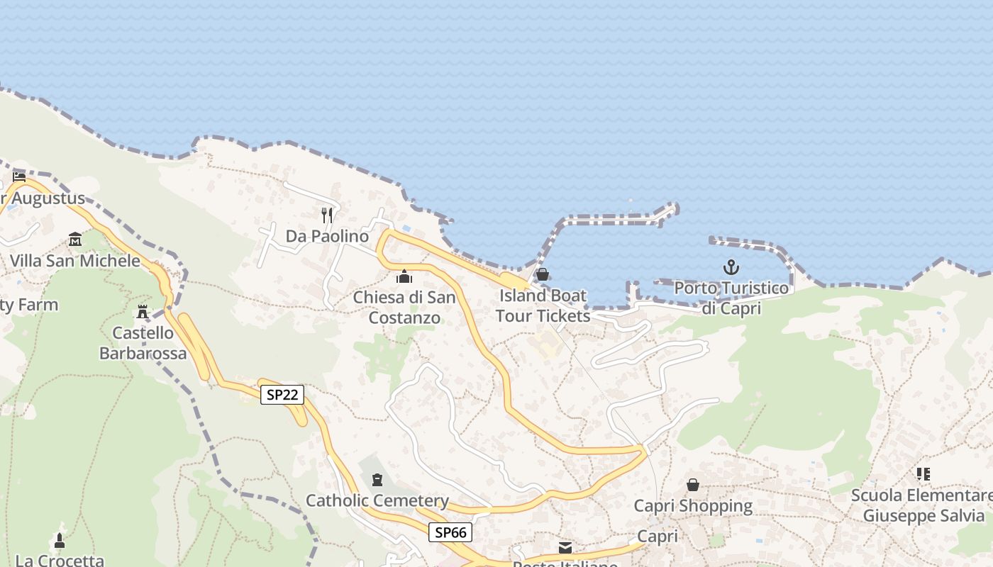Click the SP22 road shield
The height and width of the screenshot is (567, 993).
[282, 395]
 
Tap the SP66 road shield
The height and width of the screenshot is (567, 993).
[450, 532]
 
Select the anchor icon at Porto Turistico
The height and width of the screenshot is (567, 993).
[731, 267]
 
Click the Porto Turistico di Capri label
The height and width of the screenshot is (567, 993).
[731, 298]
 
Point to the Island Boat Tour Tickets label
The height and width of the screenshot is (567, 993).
[543, 305]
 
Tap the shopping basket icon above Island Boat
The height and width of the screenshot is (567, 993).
[543, 274]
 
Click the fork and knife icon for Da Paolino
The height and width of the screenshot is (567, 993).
[327, 215]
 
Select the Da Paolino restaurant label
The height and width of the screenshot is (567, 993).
[327, 236]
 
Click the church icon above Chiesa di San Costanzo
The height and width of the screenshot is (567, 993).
[404, 276]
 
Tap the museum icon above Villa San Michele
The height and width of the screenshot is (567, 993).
[75, 240]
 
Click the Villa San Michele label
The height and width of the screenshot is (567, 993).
[75, 261]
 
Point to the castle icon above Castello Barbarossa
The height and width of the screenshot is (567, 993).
[143, 312]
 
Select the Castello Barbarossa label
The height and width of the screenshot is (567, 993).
[143, 343]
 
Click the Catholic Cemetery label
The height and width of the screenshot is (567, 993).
[377, 501]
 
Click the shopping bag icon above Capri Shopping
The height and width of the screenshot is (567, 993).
[693, 485]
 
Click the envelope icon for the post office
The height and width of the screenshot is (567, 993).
[565, 547]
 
